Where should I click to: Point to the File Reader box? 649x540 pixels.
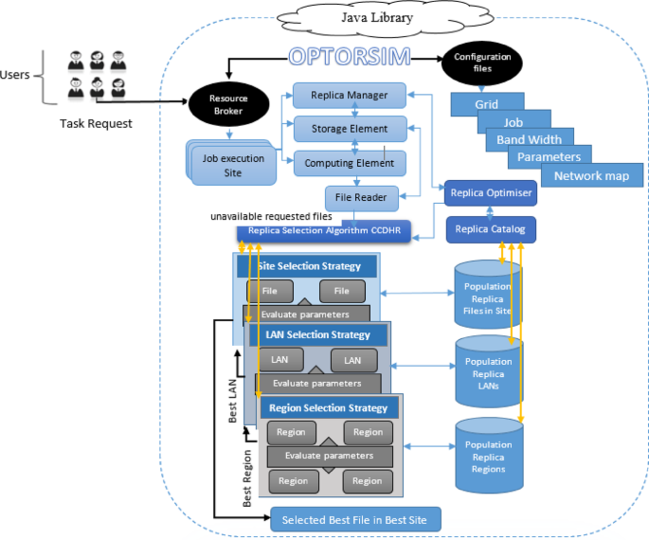click(x=362, y=198)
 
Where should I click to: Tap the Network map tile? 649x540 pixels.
click(x=592, y=175)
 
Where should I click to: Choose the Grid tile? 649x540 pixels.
click(x=487, y=101)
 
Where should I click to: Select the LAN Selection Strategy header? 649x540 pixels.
click(x=317, y=334)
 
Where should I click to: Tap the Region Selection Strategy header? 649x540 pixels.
click(x=328, y=407)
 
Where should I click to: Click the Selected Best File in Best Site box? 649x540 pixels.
click(x=355, y=519)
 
